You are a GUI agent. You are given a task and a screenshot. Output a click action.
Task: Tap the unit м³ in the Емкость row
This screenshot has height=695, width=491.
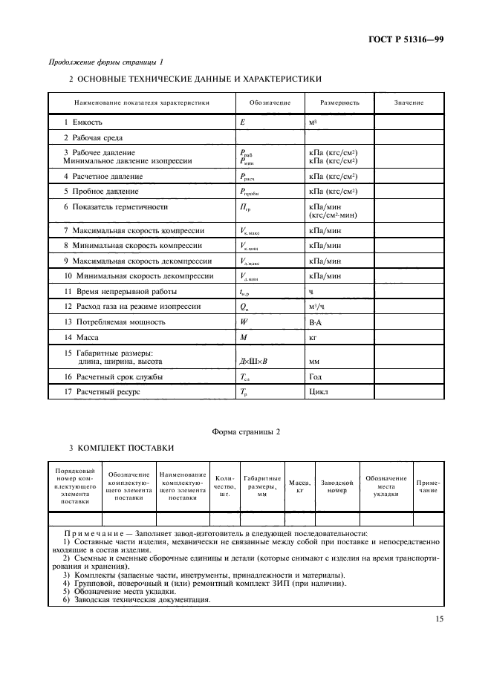point(313,122)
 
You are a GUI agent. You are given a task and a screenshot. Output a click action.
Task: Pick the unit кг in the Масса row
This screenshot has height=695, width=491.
point(313,338)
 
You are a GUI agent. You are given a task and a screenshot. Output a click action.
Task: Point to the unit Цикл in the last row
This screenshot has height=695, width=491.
point(318,391)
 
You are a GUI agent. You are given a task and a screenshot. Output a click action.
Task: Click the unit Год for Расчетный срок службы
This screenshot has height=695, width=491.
point(316,376)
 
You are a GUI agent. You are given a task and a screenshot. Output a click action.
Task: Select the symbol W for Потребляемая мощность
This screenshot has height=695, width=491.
point(244,322)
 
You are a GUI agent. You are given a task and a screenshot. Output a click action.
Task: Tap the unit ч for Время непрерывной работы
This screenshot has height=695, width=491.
point(310,292)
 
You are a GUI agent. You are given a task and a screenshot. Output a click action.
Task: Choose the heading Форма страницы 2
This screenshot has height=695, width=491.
point(244,432)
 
